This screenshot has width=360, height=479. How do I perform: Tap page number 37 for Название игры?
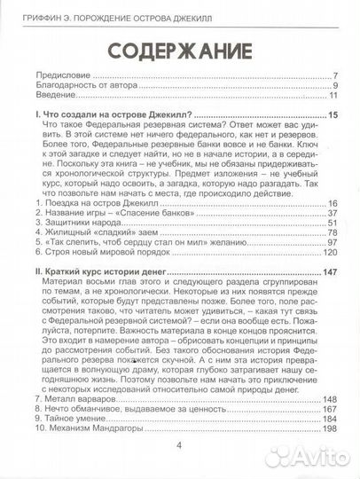[x=333, y=215]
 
